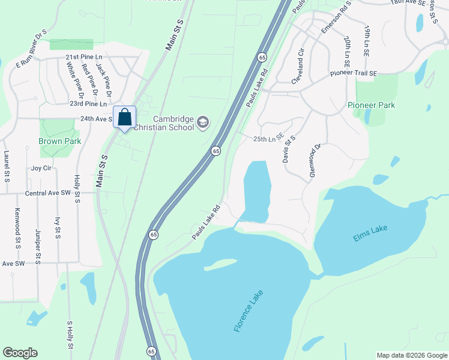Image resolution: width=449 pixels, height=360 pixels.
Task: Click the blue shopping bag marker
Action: (125, 117)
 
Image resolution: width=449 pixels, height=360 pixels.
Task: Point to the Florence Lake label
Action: (249, 311)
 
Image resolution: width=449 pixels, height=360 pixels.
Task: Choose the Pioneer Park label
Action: (371, 105)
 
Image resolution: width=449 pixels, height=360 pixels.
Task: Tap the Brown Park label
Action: (59, 141)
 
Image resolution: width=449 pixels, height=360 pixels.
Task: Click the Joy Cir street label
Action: (42, 169)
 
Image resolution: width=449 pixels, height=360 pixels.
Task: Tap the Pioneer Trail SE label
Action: (353, 73)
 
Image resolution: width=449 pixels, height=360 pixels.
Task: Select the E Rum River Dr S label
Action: (31, 49)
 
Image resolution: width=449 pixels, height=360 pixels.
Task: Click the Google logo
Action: (20, 352)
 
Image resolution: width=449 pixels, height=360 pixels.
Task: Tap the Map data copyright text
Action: (411, 355)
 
